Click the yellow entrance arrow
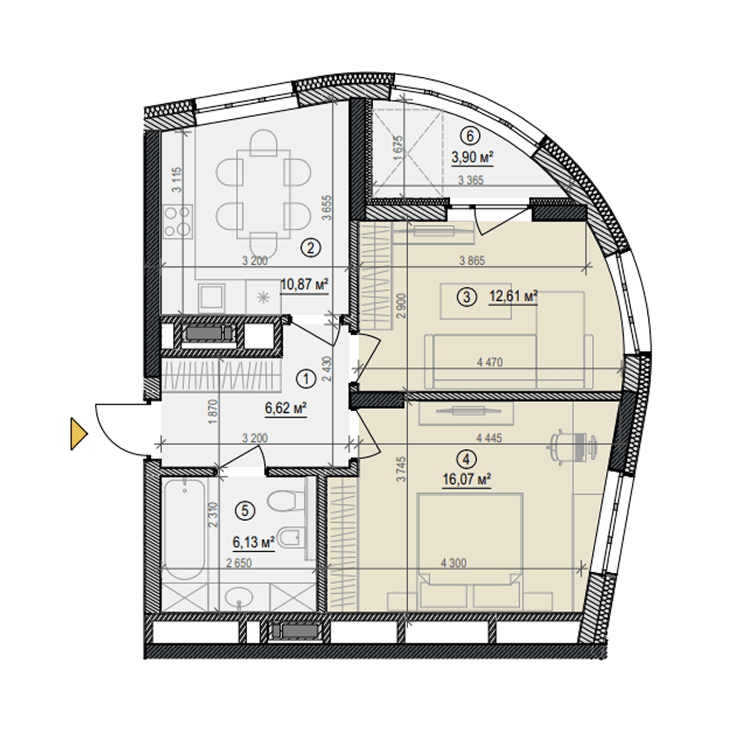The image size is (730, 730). (78, 433)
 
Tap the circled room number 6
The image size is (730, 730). (470, 136)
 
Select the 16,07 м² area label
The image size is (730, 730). (466, 479)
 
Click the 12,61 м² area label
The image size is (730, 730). (513, 296)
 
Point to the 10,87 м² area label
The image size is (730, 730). (305, 284)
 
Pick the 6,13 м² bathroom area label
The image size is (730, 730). (254, 542)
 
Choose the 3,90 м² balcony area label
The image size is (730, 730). (472, 157)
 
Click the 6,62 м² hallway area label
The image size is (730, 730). (286, 408)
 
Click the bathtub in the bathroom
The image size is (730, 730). (184, 529)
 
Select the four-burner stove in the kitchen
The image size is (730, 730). (178, 220)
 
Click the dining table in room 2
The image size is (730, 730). (263, 194)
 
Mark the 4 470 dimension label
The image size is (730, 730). (490, 362)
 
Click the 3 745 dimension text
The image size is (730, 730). (401, 469)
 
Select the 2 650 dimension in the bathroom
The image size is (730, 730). (239, 563)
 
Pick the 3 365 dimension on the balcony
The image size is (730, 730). (471, 180)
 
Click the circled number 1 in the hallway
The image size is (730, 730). (306, 379)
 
